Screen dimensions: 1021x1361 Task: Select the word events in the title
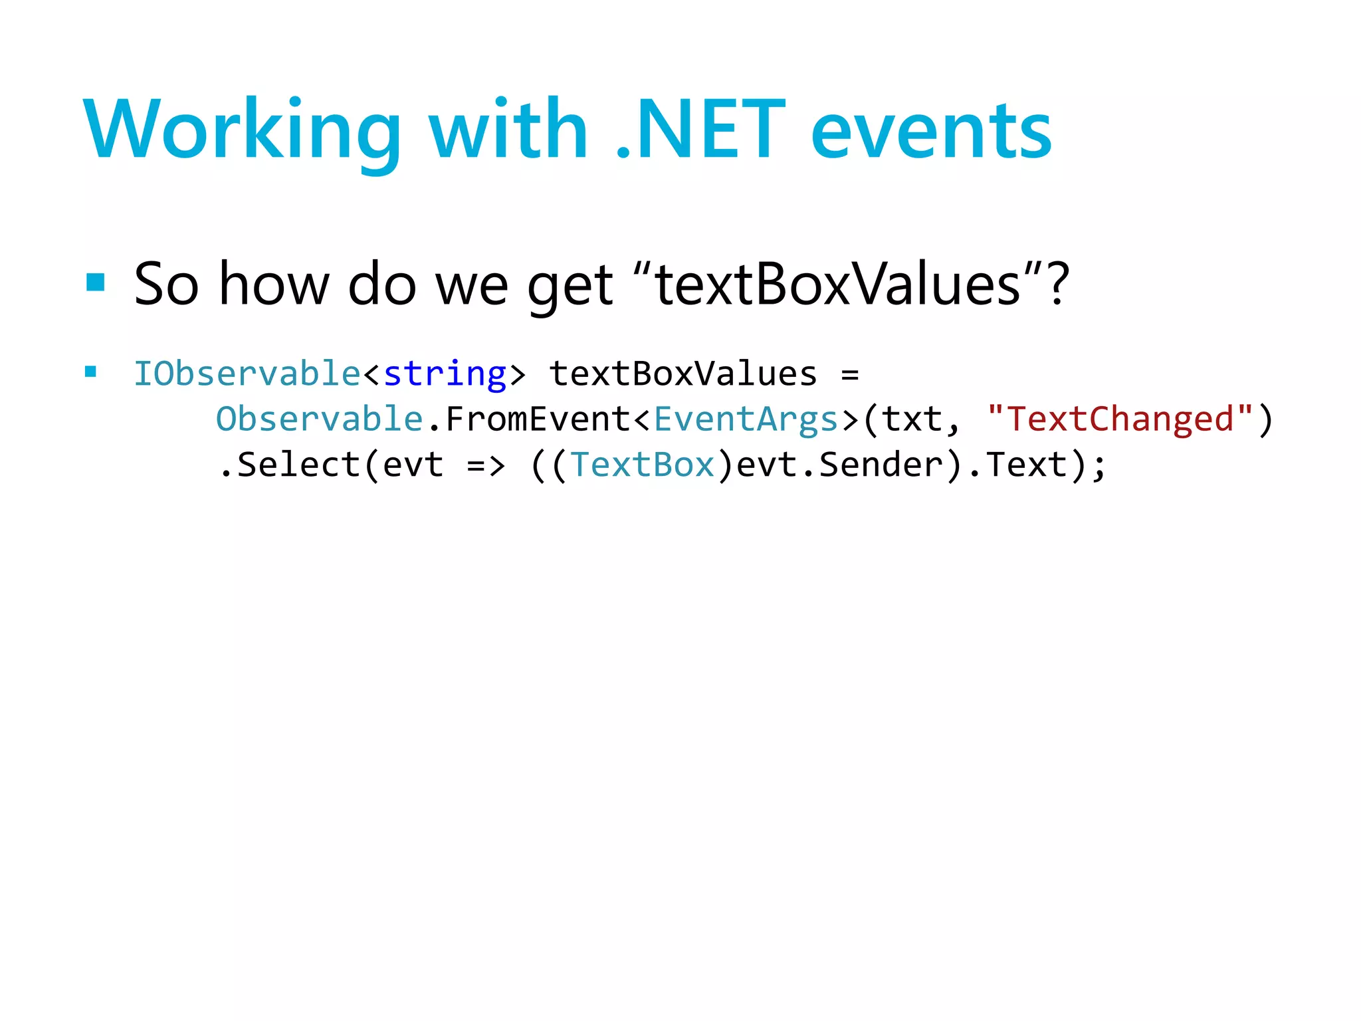coord(931,131)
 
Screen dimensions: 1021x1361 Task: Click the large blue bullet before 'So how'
coord(96,283)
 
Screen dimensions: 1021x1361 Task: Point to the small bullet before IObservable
coord(91,372)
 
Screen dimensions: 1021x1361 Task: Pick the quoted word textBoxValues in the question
coord(838,284)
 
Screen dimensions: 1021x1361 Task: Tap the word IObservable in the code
coord(247,374)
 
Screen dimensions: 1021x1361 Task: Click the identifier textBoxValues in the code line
coord(682,374)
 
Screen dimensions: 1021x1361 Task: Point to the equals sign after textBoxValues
coord(850,374)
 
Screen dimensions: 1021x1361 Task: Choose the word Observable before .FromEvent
coord(320,419)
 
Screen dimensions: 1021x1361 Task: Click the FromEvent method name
coord(538,419)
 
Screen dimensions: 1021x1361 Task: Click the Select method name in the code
coord(298,465)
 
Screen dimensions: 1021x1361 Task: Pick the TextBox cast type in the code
coord(642,465)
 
